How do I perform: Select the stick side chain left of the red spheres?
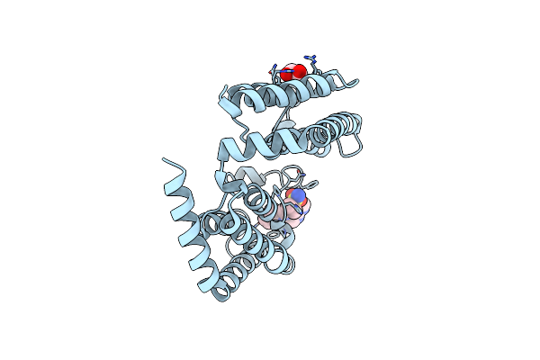click(x=274, y=68)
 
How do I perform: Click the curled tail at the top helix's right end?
click(x=353, y=84)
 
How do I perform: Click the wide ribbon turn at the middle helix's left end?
click(x=232, y=144)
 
